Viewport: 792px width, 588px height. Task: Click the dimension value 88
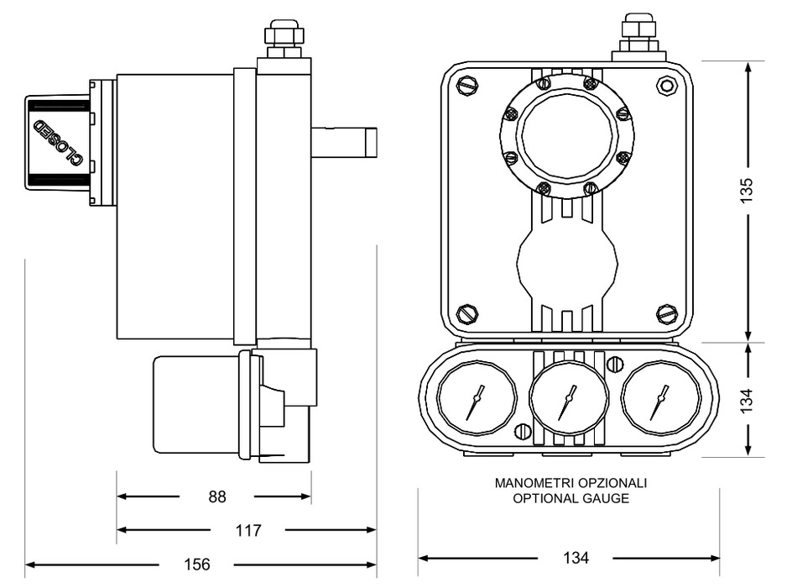point(216,496)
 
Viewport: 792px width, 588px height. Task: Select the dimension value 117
point(247,530)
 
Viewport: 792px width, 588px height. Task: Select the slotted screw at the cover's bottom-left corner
point(467,314)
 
